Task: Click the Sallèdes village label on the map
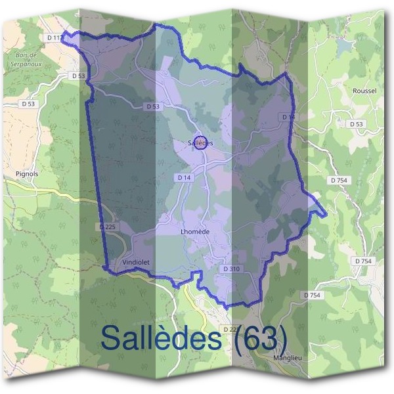point(200,142)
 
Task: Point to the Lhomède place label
point(194,232)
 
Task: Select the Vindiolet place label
point(137,262)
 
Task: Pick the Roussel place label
point(364,91)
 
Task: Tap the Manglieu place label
point(288,358)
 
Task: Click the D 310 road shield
point(231,269)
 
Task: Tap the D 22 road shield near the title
point(230,328)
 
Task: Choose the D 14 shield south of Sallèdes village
point(184,177)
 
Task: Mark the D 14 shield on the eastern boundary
point(289,117)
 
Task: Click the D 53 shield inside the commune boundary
point(153,106)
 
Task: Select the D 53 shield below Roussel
point(356,123)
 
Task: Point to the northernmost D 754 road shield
point(340,180)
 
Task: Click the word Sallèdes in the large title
point(162,338)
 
